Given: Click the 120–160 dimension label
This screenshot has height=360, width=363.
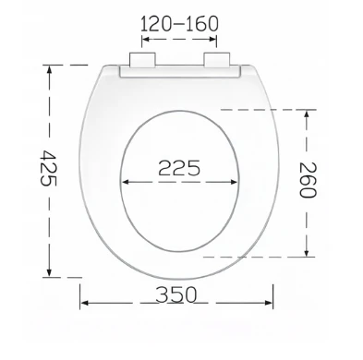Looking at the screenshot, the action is [x=179, y=24].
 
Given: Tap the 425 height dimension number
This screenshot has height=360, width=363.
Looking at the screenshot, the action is [x=48, y=168].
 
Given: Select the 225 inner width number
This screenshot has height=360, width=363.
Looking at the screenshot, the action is [x=179, y=168].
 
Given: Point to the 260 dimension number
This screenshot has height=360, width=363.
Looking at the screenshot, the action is [x=308, y=180].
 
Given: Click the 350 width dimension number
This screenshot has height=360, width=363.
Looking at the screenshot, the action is [x=175, y=294].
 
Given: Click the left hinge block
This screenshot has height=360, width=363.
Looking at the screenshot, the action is [x=142, y=60].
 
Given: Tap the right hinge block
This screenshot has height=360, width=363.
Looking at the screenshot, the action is [x=217, y=60].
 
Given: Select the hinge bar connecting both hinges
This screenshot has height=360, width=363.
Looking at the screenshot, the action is [x=179, y=71].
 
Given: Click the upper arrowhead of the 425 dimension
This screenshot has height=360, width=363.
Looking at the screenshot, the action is [x=49, y=70].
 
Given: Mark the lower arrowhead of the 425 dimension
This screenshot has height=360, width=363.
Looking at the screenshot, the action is [x=49, y=272].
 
